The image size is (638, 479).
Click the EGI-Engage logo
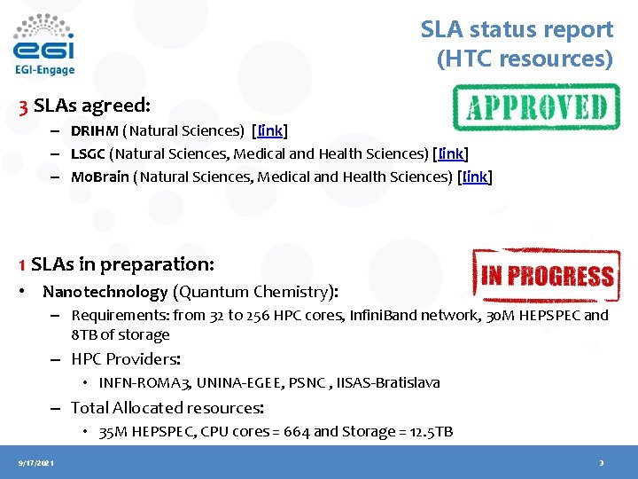[44, 44]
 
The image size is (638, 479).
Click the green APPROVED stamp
[535, 107]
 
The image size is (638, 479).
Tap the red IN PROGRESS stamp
[546, 275]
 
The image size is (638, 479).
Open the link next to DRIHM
[269, 131]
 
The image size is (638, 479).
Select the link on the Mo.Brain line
[476, 177]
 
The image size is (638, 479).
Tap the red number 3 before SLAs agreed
[24, 106]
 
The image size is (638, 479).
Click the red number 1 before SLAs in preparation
[22, 264]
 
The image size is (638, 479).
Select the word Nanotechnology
[105, 292]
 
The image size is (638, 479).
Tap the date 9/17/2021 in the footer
[35, 463]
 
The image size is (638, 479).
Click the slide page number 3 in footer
[601, 463]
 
